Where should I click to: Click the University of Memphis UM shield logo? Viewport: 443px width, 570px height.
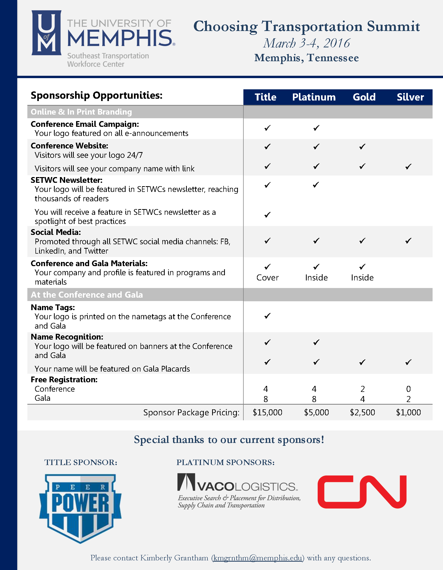(46, 33)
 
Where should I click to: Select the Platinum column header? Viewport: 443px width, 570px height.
(314, 97)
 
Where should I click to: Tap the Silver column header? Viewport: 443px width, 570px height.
(410, 97)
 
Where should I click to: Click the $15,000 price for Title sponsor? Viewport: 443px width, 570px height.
(267, 412)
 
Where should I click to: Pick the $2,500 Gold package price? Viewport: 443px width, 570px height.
(362, 412)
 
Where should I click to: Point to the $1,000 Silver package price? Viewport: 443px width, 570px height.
(408, 412)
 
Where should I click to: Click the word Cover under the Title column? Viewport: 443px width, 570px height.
(267, 277)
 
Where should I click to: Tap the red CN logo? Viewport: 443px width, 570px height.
(362, 492)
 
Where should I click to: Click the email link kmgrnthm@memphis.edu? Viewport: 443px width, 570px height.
(257, 558)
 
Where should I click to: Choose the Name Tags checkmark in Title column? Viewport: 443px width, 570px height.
(267, 316)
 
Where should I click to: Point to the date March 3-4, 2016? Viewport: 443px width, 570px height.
(306, 43)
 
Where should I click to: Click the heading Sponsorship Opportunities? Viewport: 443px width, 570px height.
(97, 95)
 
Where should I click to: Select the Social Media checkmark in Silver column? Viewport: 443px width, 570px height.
(408, 241)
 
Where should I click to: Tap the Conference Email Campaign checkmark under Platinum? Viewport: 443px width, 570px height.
(316, 128)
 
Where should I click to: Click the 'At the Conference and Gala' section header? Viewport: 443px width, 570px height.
(87, 295)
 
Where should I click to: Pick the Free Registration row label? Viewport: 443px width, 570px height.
(64, 379)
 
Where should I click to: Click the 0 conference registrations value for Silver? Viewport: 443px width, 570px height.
(408, 389)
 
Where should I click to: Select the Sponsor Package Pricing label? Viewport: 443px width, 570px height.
(191, 412)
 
